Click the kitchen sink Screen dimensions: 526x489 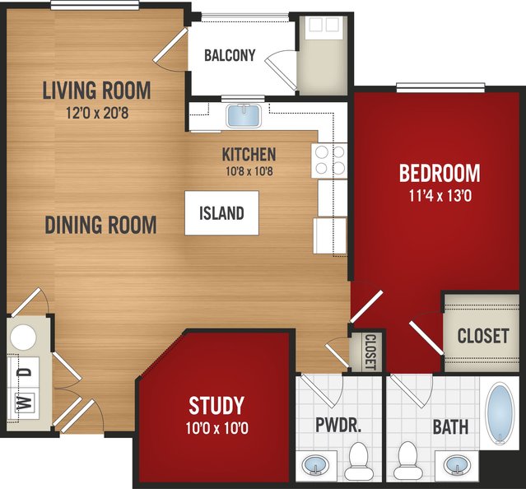(244, 116)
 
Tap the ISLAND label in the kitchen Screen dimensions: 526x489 (221, 213)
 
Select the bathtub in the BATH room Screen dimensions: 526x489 (500, 414)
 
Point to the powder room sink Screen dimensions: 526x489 (315, 465)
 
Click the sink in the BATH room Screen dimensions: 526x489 (457, 465)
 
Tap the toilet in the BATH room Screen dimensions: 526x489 (407, 460)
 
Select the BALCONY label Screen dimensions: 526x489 (230, 55)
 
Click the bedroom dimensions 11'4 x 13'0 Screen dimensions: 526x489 (440, 196)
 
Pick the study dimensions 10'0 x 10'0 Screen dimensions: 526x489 (216, 428)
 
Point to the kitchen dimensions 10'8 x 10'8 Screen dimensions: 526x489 (249, 171)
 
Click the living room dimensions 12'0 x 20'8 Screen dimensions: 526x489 (97, 113)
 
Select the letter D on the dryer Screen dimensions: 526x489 (25, 372)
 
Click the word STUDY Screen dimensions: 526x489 (216, 406)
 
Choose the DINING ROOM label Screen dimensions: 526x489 (100, 225)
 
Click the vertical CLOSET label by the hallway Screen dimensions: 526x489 (370, 352)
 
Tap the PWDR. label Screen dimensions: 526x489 (338, 425)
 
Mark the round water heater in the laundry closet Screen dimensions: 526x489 (23, 337)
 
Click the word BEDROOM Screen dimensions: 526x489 (440, 173)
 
